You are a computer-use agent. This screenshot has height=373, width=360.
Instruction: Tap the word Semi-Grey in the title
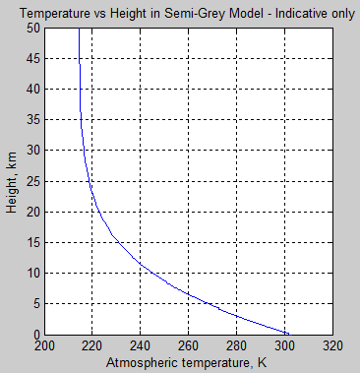coord(207,11)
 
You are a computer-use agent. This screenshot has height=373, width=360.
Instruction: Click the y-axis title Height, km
coord(11,182)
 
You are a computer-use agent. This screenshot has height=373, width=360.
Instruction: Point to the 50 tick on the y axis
coord(32,30)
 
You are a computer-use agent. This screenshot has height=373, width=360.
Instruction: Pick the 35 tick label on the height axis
coord(32,121)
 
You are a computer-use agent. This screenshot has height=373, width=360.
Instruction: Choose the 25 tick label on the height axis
coord(32,182)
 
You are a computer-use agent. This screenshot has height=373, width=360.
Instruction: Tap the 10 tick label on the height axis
coord(32,274)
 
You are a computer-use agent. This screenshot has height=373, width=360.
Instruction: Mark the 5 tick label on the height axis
coord(35,304)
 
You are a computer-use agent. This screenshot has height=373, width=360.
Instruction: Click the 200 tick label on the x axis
coord(43,346)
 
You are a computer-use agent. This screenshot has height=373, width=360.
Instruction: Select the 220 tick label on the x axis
coord(91,346)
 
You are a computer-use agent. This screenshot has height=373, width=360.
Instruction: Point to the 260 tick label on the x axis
coord(188,346)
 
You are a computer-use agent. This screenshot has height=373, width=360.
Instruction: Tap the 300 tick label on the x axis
coord(284,346)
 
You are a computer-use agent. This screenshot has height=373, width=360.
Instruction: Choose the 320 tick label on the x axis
coord(332,346)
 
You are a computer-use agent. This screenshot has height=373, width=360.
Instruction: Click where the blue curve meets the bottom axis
coord(289,334)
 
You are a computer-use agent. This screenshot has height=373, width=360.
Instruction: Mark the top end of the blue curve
coord(79,31)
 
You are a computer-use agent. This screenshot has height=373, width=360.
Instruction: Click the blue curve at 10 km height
coord(152,274)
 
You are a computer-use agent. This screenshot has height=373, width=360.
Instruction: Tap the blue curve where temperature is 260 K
coord(188,296)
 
